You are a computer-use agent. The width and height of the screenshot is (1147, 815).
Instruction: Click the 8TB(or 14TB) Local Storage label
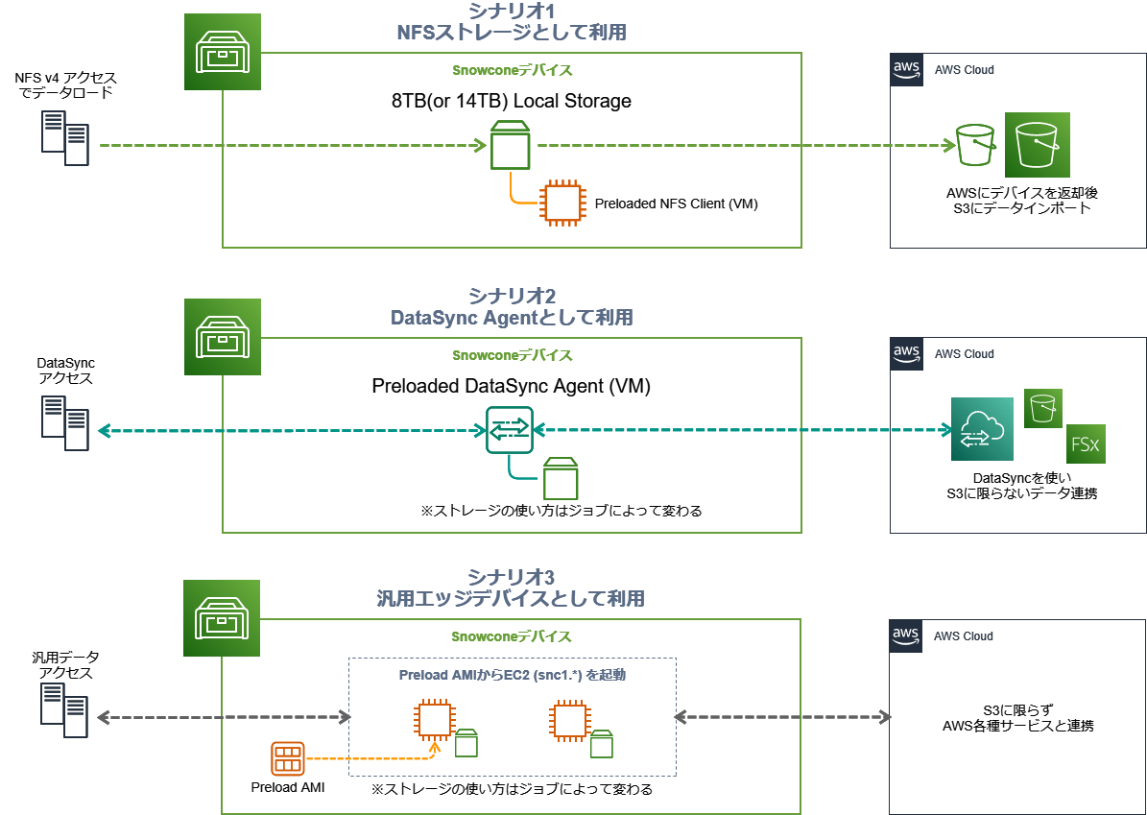coord(511,100)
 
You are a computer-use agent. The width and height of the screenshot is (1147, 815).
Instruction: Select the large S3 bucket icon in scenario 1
coord(1037,145)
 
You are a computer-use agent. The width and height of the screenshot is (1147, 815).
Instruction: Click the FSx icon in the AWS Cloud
coord(1086,443)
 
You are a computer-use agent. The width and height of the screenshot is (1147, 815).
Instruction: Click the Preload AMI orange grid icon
coord(287,758)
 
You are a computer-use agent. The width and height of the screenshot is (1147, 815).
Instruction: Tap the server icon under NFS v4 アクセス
coord(64,138)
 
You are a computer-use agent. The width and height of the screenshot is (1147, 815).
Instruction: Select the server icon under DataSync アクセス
coord(64,423)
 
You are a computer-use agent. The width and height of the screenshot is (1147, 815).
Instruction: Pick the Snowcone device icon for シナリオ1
coord(223,53)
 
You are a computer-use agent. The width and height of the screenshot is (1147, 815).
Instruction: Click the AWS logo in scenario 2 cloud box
coord(906,353)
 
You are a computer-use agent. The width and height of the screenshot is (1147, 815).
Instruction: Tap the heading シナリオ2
coord(511,295)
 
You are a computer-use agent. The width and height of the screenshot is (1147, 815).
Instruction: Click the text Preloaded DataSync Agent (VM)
coord(511,387)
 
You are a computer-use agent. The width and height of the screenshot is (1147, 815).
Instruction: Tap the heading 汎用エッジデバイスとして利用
coord(511,599)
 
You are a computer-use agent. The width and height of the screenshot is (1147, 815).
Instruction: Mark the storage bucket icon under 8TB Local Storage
coord(510,145)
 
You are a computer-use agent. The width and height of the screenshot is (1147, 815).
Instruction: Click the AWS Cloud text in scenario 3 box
coord(964,635)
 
